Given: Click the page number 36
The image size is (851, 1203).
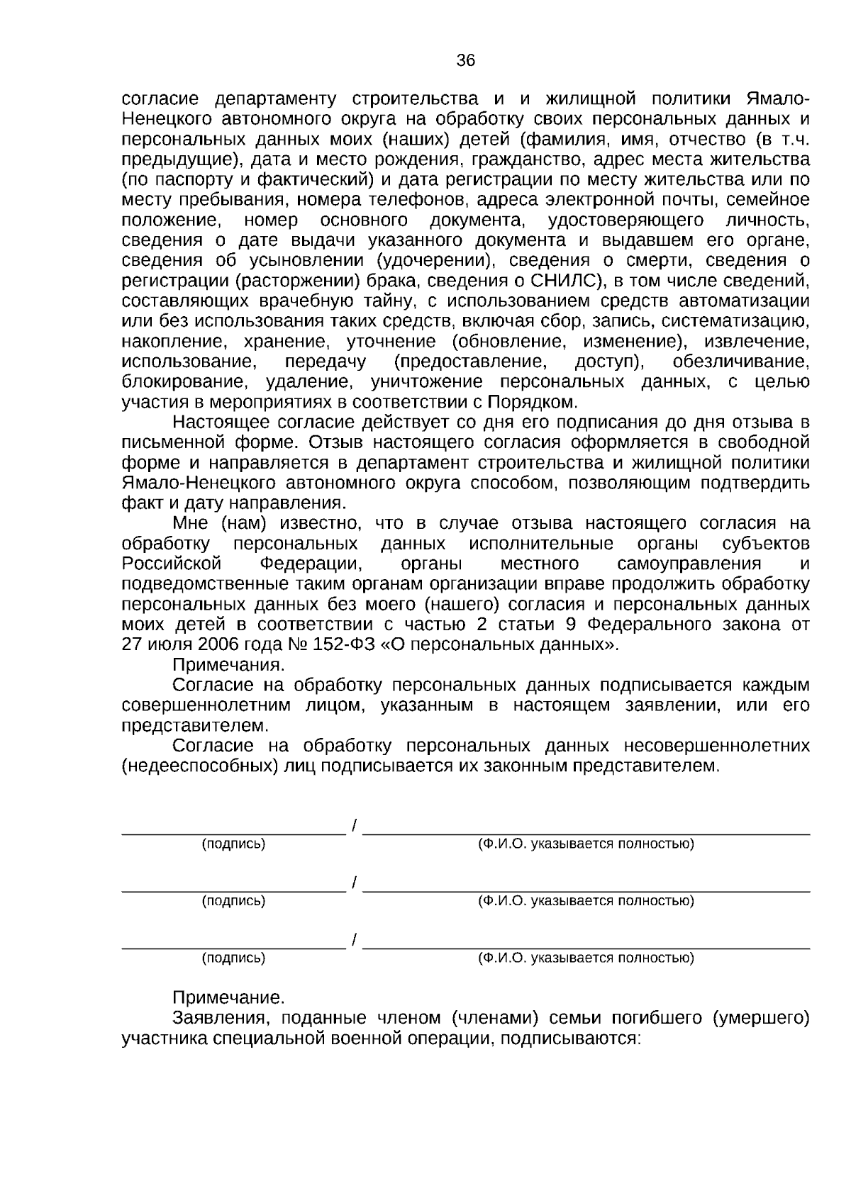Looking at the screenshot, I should coord(465,61).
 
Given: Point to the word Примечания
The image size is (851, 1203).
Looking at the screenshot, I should coord(228,665).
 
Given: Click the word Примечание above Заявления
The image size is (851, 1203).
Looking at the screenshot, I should coord(228,998).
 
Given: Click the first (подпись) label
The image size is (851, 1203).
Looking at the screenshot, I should coord(233,844).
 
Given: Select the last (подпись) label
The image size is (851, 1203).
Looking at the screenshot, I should coord(233,958).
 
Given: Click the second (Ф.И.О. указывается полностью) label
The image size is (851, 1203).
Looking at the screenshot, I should coord(586,901).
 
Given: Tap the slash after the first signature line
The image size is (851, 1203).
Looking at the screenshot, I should coord(354,825).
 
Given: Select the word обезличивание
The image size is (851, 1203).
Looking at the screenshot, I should coord(740,362).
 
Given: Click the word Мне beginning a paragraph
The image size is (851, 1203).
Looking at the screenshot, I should coord(191,524).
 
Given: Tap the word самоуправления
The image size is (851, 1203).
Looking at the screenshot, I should coord(689,564).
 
